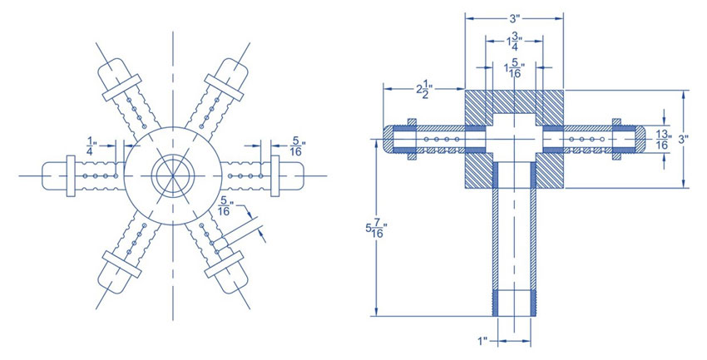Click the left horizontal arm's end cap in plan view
click(x=55, y=176)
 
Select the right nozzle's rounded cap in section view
click(x=636, y=140)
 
